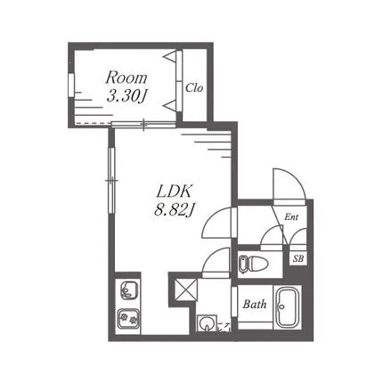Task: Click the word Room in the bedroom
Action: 126,77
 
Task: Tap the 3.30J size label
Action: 127,96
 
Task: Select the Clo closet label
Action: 194,87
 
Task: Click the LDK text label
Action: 174,191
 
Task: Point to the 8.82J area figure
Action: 174,210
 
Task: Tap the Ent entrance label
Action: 291,217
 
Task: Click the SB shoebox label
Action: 298,258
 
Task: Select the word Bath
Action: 255,304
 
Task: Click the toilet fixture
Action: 253,264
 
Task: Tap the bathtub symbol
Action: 288,307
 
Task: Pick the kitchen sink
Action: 129,290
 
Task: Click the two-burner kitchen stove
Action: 128,319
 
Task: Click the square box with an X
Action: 186,289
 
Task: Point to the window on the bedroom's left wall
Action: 71,85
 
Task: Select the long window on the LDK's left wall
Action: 111,180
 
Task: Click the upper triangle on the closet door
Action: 170,57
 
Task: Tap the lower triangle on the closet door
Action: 170,106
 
